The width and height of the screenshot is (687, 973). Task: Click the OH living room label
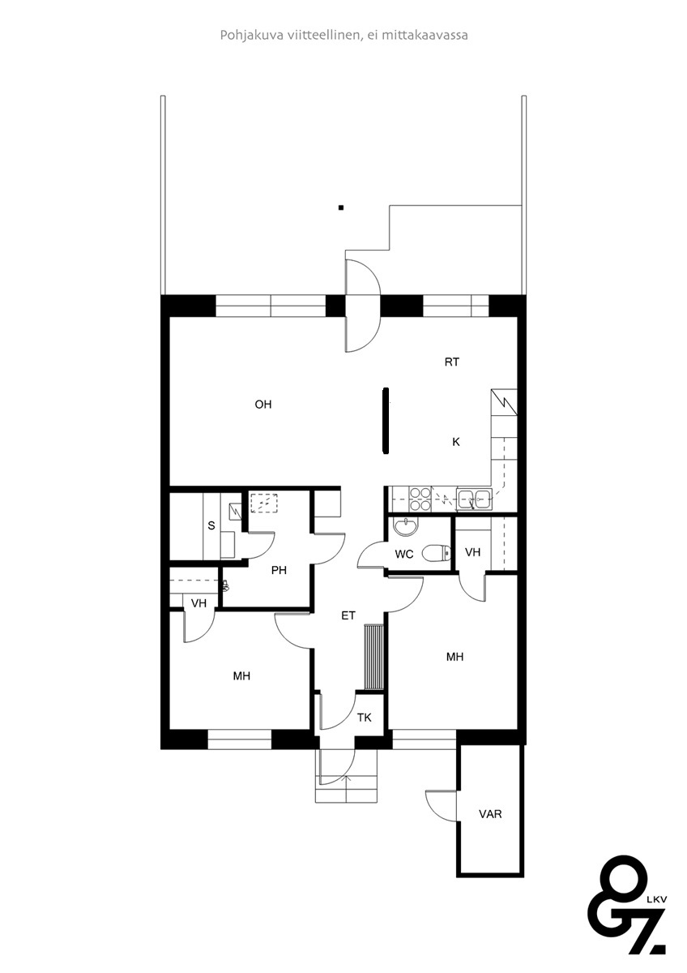pyautogui.click(x=263, y=405)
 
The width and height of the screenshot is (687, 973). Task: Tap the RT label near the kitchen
pyautogui.click(x=452, y=362)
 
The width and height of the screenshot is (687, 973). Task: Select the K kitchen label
pyautogui.click(x=455, y=442)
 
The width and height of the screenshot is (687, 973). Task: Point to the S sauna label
pyautogui.click(x=211, y=525)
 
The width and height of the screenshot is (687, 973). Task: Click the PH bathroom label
pyautogui.click(x=279, y=570)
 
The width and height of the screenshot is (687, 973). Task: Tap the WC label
pyautogui.click(x=404, y=554)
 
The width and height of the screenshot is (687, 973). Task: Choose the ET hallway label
pyautogui.click(x=348, y=615)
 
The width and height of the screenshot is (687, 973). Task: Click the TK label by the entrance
pyautogui.click(x=365, y=718)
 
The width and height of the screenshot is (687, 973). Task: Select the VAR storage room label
pyautogui.click(x=490, y=814)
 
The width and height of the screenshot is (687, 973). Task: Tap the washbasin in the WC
pyautogui.click(x=406, y=527)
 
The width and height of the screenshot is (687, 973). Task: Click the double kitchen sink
pyautogui.click(x=474, y=498)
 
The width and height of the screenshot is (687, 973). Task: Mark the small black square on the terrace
pyautogui.click(x=341, y=208)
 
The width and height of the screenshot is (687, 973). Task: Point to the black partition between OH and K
pyautogui.click(x=386, y=421)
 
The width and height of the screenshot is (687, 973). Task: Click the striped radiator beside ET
pyautogui.click(x=373, y=657)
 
